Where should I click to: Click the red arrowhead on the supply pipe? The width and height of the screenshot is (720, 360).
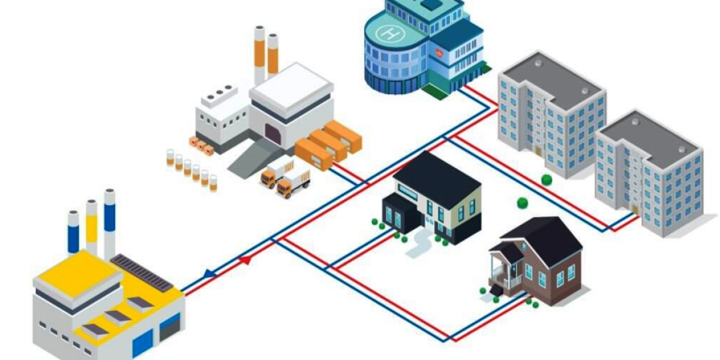click(x=245, y=260)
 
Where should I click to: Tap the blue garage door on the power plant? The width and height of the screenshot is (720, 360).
click(x=142, y=344)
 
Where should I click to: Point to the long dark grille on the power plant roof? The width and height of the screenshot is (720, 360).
click(x=142, y=273)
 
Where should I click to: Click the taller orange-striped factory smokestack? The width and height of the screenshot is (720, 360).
click(x=259, y=54)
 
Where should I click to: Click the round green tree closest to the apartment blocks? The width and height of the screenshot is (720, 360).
click(x=546, y=179)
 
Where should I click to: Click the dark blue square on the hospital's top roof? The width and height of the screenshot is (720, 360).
click(x=430, y=4)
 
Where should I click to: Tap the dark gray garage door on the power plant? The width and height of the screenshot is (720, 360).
click(x=170, y=328)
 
